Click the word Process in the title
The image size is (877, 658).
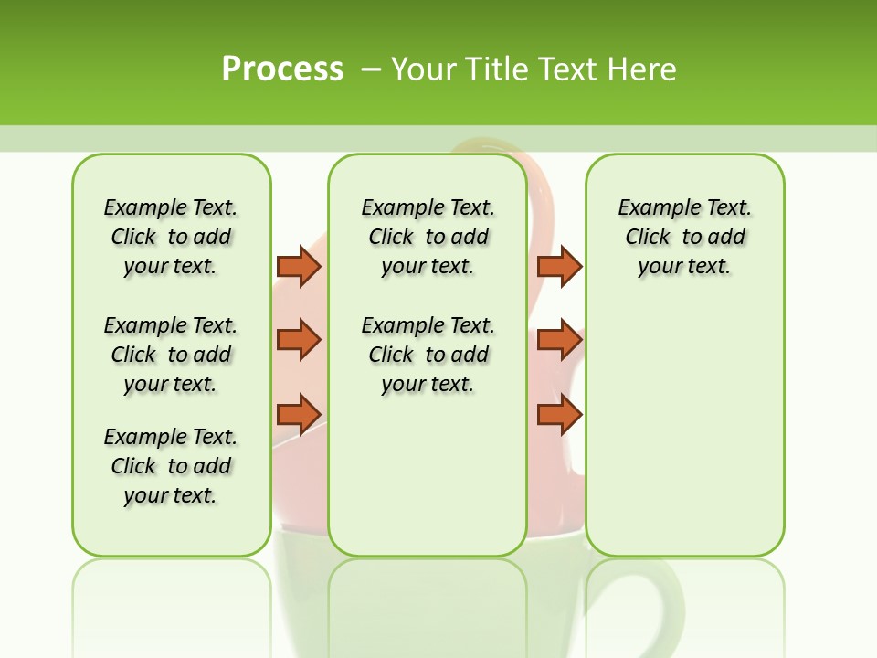pyautogui.click(x=282, y=69)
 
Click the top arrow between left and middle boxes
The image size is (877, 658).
pyautogui.click(x=299, y=266)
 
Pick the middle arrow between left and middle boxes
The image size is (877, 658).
pyautogui.click(x=299, y=340)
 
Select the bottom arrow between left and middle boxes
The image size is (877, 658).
pyautogui.click(x=299, y=414)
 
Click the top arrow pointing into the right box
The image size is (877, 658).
pyautogui.click(x=559, y=266)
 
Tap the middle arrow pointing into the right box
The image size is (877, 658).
pyautogui.click(x=559, y=340)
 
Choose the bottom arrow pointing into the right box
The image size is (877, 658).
pyautogui.click(x=559, y=414)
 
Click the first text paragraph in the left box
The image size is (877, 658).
pyautogui.click(x=171, y=237)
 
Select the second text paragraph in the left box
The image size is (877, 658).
pyautogui.click(x=171, y=355)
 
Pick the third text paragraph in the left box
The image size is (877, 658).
pyautogui.click(x=171, y=466)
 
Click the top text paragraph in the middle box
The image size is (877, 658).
pyautogui.click(x=428, y=237)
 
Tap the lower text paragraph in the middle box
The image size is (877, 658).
pyautogui.click(x=428, y=355)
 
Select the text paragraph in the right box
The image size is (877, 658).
pyautogui.click(x=684, y=237)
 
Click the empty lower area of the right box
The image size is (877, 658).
pyautogui.click(x=684, y=439)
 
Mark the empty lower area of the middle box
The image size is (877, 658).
pyautogui.click(x=428, y=475)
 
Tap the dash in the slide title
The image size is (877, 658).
pyautogui.click(x=371, y=69)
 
